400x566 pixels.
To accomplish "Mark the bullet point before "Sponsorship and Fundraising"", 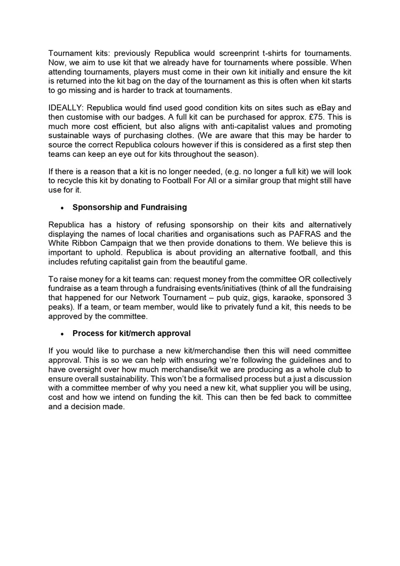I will pyautogui.click(x=63, y=206).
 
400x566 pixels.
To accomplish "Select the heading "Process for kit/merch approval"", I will pyautogui.click(x=132, y=333).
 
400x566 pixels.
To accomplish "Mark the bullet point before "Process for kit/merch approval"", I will pyautogui.click(x=63, y=333).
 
